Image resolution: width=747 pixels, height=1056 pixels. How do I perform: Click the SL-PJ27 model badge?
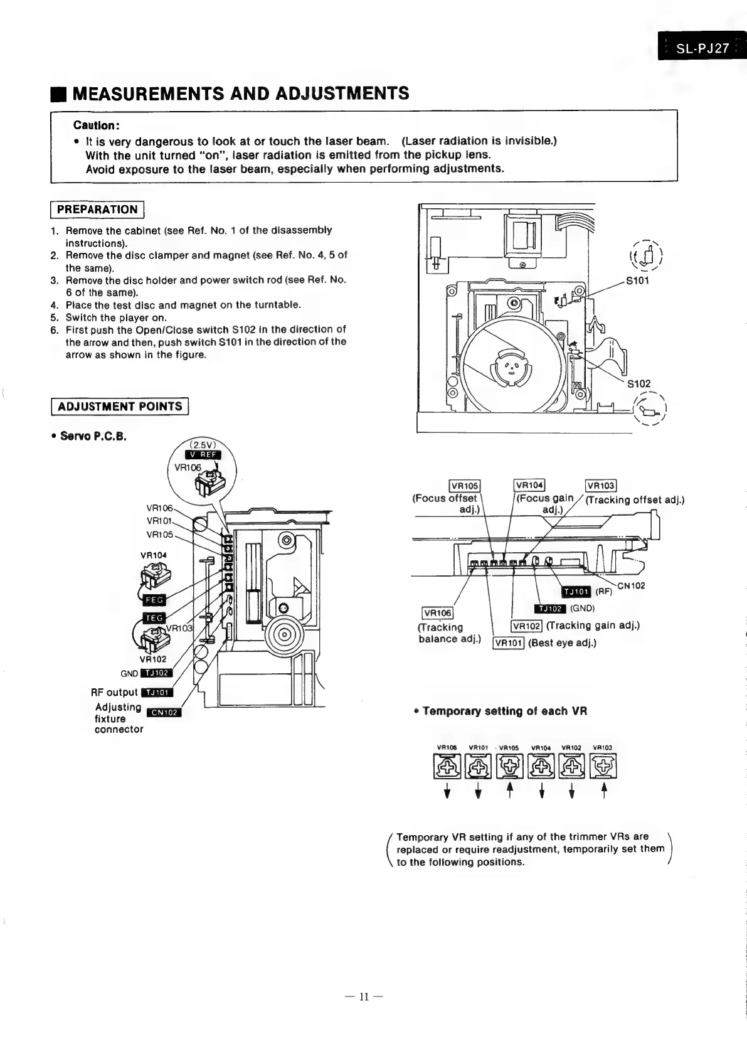[702, 48]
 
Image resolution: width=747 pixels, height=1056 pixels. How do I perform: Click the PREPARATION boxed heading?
[97, 210]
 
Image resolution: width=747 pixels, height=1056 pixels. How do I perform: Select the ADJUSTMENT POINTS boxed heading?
[119, 407]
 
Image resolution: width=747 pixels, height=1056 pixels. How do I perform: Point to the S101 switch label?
[637, 280]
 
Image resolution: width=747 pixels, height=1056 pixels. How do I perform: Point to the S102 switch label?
[638, 383]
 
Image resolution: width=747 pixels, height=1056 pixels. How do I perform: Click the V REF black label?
[203, 455]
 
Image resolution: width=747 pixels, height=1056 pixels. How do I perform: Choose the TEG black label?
[154, 618]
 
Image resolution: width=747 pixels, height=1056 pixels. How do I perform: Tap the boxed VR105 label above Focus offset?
[465, 486]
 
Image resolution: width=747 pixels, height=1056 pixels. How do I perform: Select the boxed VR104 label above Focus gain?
[529, 485]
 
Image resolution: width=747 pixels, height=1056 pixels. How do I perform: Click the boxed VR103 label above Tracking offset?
[600, 486]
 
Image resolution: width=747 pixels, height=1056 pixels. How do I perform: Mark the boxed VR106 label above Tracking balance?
[437, 613]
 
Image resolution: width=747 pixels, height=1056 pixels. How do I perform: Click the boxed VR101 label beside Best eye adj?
[508, 643]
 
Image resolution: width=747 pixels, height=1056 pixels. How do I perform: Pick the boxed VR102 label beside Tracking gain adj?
[526, 626]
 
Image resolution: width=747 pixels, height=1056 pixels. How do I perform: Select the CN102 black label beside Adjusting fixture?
[163, 712]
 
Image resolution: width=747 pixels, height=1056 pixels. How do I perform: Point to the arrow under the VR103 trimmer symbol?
[603, 792]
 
